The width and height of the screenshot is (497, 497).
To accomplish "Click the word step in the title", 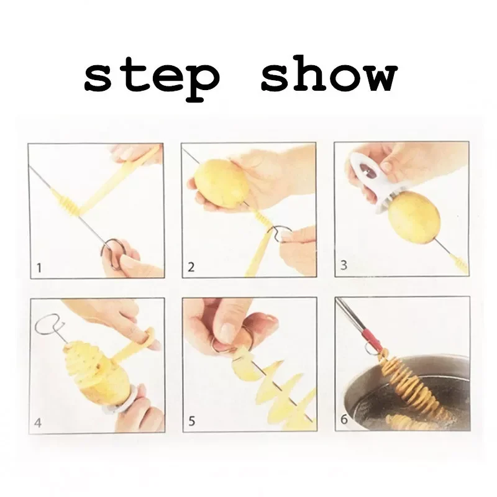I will (x=152, y=77).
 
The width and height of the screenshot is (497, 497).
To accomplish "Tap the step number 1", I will (x=39, y=268).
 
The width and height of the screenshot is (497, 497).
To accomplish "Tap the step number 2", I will (x=192, y=268).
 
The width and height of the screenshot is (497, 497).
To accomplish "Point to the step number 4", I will (x=38, y=424).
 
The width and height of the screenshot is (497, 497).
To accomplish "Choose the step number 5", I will (x=192, y=422).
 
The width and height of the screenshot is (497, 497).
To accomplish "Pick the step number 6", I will (x=344, y=421).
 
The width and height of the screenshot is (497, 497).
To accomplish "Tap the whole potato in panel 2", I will (x=221, y=184).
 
